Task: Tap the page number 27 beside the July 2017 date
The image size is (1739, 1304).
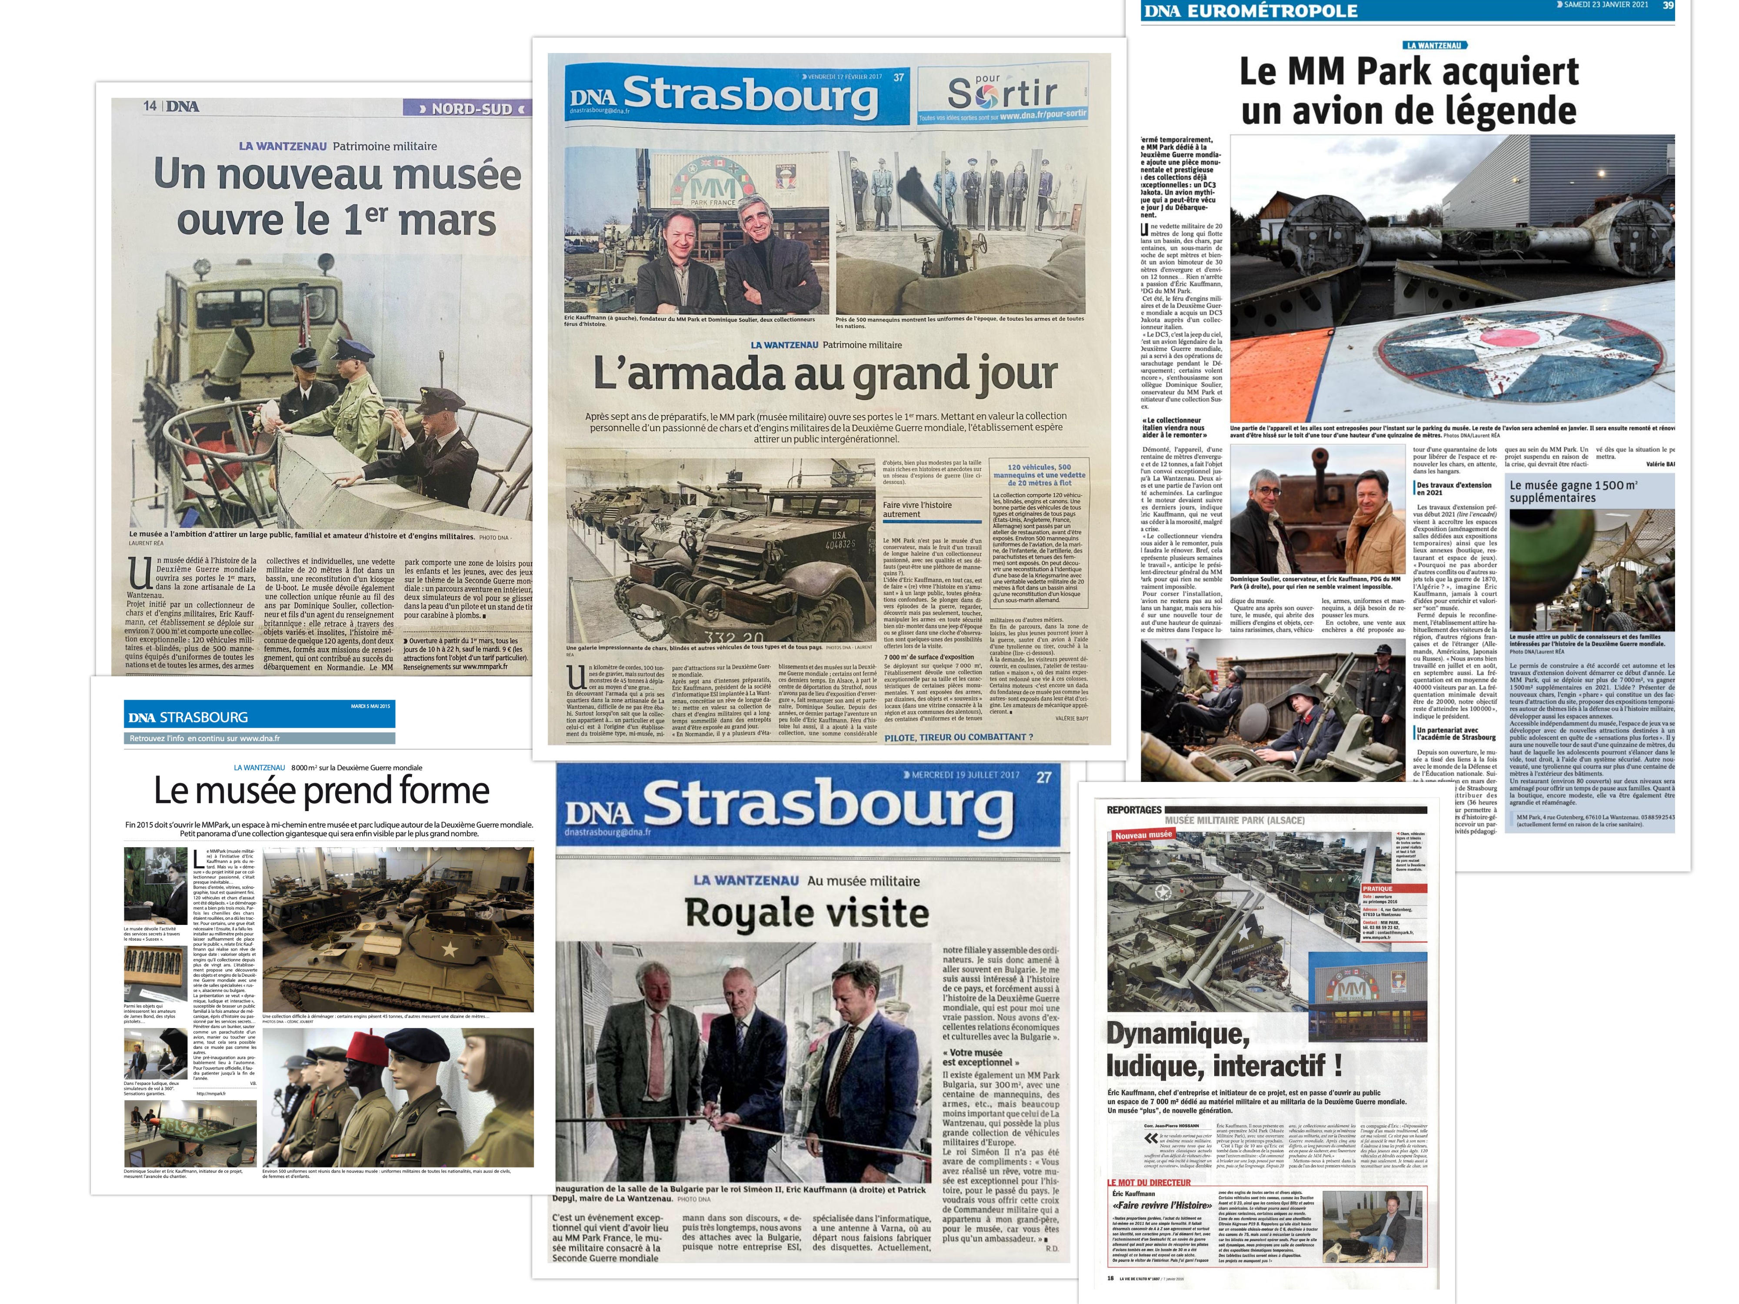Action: coord(1043,777)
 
